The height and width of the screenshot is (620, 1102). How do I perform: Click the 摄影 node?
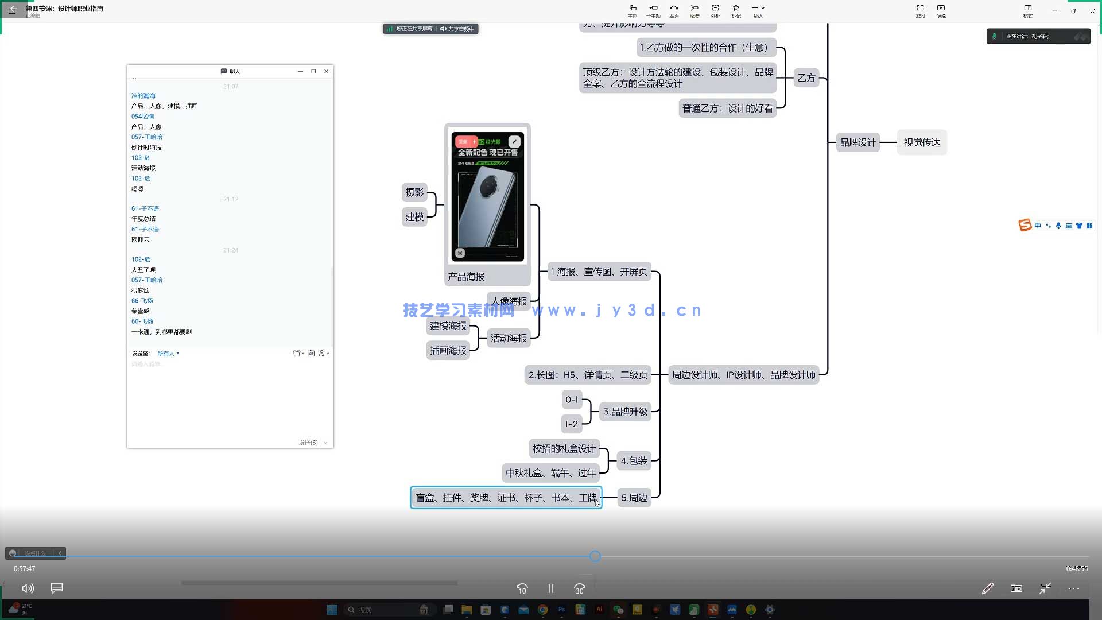click(x=414, y=193)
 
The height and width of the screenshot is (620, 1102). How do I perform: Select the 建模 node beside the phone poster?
click(x=414, y=217)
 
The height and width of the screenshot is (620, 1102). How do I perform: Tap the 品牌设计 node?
click(x=858, y=142)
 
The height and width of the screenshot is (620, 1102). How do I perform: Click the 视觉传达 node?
click(x=922, y=142)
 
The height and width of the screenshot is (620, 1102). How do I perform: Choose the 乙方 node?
click(x=806, y=78)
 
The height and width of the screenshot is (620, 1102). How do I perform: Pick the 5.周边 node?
click(x=634, y=498)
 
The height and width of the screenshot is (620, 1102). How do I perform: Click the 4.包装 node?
click(x=634, y=461)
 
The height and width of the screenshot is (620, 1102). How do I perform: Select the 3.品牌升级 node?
click(x=625, y=412)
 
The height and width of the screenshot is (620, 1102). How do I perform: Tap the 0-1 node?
click(x=572, y=400)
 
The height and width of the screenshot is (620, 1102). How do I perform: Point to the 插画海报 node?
click(x=448, y=351)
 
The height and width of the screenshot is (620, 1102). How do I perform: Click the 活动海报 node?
click(x=509, y=338)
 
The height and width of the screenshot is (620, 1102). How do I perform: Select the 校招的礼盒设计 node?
click(x=564, y=449)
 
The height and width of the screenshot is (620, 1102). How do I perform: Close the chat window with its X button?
click(x=327, y=71)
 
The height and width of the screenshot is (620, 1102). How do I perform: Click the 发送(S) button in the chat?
click(x=308, y=443)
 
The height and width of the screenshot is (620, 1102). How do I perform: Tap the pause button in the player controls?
click(x=551, y=588)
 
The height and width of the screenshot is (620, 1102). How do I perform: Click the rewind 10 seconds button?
click(x=522, y=588)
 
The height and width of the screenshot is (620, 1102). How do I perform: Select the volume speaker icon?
click(x=28, y=588)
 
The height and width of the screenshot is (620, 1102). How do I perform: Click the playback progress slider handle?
click(x=595, y=556)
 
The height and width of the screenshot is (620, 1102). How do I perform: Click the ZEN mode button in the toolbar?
click(x=920, y=10)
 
